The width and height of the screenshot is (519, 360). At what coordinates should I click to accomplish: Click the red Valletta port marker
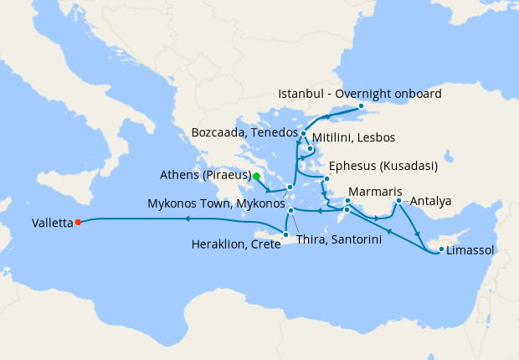pyautogui.click(x=77, y=222)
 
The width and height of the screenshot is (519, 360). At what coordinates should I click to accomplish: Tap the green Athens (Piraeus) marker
pyautogui.click(x=256, y=177)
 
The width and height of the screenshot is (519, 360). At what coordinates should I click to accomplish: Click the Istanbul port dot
pyautogui.click(x=361, y=106)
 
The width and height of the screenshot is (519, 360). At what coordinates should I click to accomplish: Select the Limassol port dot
pyautogui.click(x=441, y=249)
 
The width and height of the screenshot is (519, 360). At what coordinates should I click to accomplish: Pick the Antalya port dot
pyautogui.click(x=398, y=201)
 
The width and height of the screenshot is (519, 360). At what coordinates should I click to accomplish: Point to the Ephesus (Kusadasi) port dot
pyautogui.click(x=326, y=178)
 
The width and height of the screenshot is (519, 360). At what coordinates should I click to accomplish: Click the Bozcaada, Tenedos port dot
pyautogui.click(x=303, y=134)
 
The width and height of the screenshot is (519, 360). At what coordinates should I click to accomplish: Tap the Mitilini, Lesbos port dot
pyautogui.click(x=310, y=150)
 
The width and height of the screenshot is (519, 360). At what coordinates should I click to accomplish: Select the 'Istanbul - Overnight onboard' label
pyautogui.click(x=359, y=94)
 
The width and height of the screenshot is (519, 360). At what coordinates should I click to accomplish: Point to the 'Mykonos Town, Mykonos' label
pyautogui.click(x=215, y=203)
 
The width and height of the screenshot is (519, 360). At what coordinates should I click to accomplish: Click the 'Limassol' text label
pyautogui.click(x=470, y=250)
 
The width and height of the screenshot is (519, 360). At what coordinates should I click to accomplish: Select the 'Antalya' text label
pyautogui.click(x=432, y=202)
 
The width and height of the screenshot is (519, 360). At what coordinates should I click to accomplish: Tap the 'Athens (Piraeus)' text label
pyautogui.click(x=205, y=176)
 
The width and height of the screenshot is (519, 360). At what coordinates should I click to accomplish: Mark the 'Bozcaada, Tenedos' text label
pyautogui.click(x=244, y=133)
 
